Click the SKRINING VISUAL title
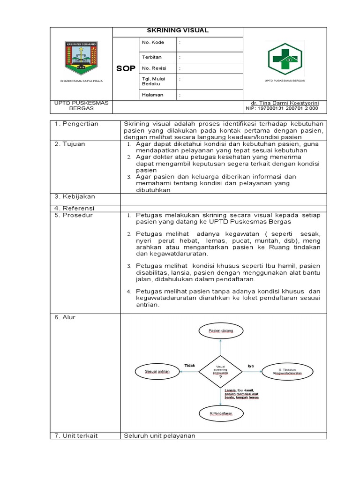178,31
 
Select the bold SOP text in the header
126,68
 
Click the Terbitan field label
152,57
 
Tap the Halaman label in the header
152,95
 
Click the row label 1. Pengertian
75,124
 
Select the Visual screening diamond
220,372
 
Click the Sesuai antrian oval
157,372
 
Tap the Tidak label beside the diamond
189,365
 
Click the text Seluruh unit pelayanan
159,436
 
